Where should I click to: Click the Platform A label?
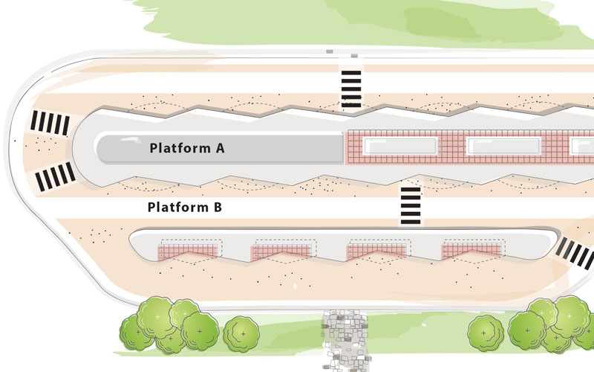tap(187, 147)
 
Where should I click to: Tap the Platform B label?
tap(184, 208)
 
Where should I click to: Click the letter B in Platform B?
tap(218, 208)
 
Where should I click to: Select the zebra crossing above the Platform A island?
tap(351, 89)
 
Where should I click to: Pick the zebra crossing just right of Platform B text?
tap(411, 206)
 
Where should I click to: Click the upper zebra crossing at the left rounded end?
tap(50, 123)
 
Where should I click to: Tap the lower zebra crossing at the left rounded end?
tap(55, 176)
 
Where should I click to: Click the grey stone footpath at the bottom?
tap(345, 341)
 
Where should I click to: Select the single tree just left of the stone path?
tap(241, 333)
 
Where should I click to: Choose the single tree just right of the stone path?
tap(486, 333)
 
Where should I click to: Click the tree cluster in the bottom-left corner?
tap(169, 325)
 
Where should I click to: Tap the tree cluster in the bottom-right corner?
tap(551, 324)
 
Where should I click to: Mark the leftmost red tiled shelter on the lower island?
tap(187, 252)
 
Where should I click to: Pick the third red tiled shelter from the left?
tap(376, 252)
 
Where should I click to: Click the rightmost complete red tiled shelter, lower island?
tap(471, 252)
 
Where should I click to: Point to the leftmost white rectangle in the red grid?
tap(400, 146)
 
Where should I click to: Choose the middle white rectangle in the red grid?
tap(504, 146)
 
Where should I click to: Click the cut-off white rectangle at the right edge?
tap(582, 146)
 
